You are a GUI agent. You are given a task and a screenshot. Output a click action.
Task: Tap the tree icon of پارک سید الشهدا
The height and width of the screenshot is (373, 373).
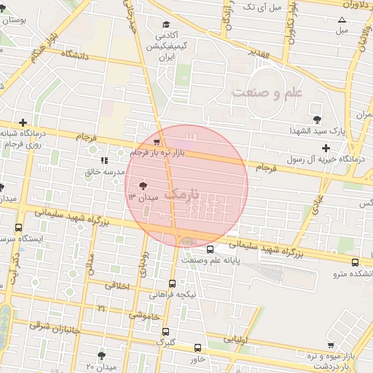[x=317, y=119]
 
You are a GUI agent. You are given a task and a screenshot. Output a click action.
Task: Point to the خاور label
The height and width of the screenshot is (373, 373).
[x=197, y=359]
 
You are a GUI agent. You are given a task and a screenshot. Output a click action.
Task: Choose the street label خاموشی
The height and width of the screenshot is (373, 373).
[x=143, y=315]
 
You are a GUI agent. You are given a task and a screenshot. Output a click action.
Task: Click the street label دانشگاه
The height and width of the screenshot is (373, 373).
[x=75, y=55]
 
